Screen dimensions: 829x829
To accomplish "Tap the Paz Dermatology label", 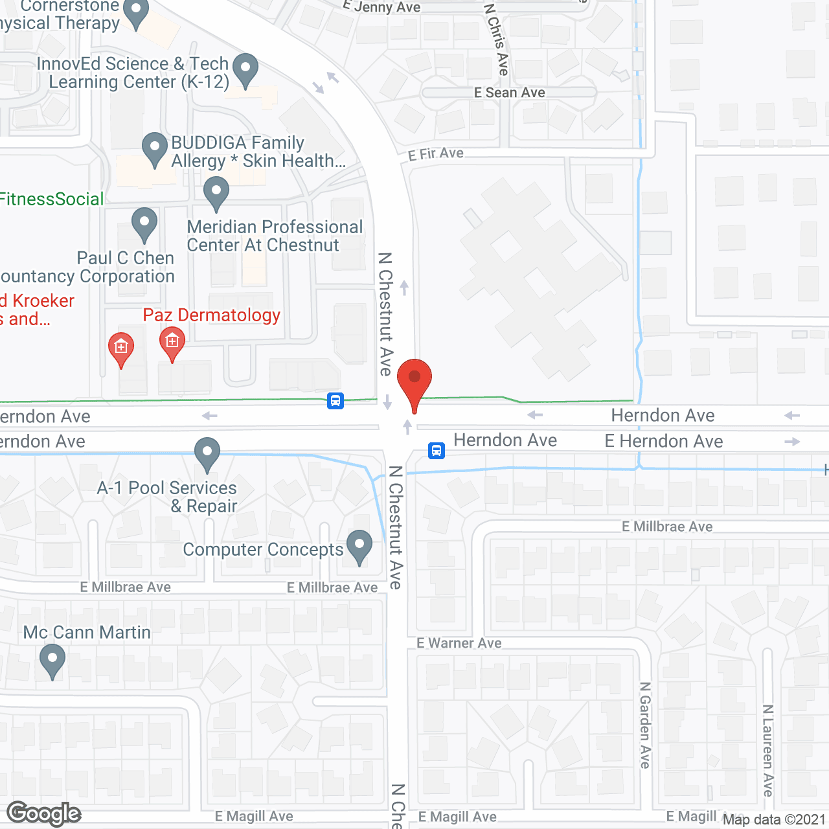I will [x=211, y=315].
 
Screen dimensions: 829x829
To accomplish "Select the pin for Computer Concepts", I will [x=359, y=547].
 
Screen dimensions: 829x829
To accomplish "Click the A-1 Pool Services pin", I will [x=207, y=454].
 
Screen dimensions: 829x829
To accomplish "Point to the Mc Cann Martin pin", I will [x=52, y=663].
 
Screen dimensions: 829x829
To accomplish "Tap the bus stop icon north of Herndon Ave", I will [x=335, y=401].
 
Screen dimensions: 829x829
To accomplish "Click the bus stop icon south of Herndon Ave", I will [x=437, y=450].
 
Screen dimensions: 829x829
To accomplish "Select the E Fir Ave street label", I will [x=436, y=154].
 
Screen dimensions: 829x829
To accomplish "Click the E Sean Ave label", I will [x=509, y=93].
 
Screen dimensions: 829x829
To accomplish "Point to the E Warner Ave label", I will [x=459, y=643].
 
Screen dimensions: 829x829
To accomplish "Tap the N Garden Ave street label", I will [x=645, y=725].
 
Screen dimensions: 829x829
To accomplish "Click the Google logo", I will [x=43, y=813].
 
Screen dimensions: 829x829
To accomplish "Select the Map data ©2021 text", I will [x=774, y=819].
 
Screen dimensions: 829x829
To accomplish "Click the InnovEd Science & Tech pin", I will [x=245, y=70].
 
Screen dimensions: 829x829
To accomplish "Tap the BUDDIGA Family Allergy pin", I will [x=155, y=149].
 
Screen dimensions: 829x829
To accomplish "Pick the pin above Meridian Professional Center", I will [x=216, y=194].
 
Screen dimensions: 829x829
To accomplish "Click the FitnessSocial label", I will [x=52, y=199].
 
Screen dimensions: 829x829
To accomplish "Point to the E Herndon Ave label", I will [x=664, y=441].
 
